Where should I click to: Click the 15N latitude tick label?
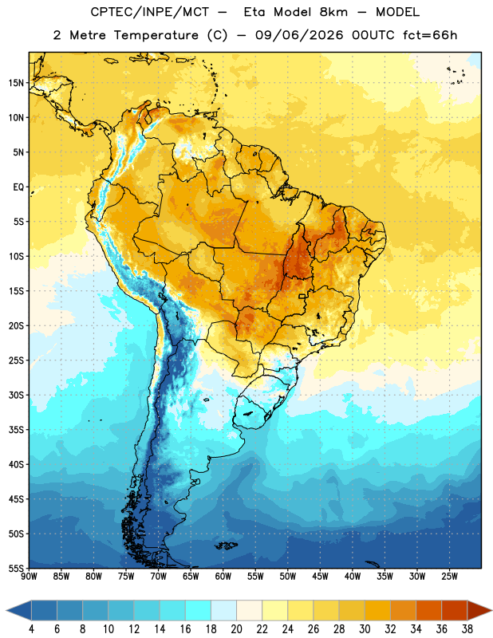(16, 83)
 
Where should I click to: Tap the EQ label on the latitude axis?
(18, 187)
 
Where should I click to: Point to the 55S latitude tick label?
(16, 568)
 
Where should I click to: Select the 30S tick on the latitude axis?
(16, 395)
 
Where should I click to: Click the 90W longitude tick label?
(29, 577)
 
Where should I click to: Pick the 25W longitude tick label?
(449, 577)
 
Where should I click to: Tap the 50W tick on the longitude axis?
(288, 577)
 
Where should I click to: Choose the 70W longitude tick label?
(159, 577)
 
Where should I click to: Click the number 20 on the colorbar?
(236, 629)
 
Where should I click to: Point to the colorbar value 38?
(467, 629)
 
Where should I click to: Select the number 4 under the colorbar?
(31, 629)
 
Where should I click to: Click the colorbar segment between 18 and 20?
(223, 610)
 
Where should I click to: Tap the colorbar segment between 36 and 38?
(455, 610)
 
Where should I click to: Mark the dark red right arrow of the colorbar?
(479, 610)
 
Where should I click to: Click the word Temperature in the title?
(156, 35)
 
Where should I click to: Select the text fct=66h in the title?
(430, 35)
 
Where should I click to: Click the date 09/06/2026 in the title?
(299, 35)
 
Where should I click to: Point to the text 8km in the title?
(333, 12)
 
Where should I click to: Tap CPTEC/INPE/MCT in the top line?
(149, 12)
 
